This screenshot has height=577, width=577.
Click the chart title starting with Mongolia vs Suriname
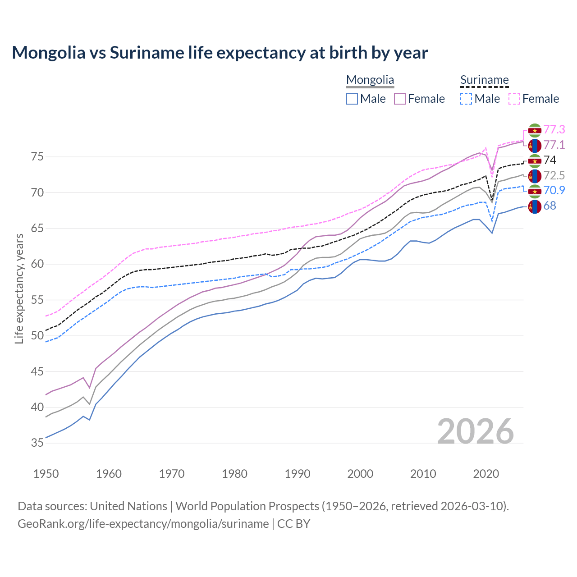click(220, 53)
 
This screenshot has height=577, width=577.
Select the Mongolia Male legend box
click(352, 99)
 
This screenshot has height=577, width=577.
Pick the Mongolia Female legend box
click(400, 99)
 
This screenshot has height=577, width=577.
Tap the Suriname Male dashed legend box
click(466, 99)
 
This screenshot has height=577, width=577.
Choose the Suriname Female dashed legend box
click(514, 99)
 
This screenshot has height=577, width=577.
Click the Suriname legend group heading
click(484, 80)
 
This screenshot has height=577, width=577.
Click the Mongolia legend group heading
click(370, 80)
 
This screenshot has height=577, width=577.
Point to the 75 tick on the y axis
click(37, 157)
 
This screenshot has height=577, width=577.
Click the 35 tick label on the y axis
click(37, 443)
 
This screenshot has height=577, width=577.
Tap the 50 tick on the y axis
click(37, 336)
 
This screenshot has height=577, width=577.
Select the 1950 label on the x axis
click(46, 474)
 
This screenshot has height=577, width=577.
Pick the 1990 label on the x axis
click(298, 474)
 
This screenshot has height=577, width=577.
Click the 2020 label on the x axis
click(486, 474)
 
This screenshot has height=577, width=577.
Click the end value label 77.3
click(554, 130)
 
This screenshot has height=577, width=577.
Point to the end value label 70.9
click(554, 191)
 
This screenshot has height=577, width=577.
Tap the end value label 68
click(550, 206)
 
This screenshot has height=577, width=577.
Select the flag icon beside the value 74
click(535, 160)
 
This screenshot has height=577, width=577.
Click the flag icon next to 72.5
click(535, 176)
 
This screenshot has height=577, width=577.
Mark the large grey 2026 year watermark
click(475, 431)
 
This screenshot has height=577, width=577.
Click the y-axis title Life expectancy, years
click(19, 288)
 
